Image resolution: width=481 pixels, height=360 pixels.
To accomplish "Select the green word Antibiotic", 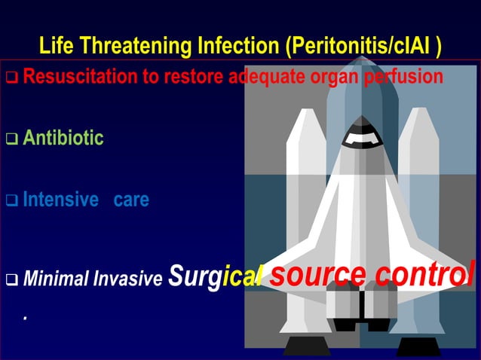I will (63, 139).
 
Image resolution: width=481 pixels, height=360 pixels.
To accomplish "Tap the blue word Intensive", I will (61, 200).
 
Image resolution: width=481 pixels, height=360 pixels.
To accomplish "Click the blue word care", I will (131, 200).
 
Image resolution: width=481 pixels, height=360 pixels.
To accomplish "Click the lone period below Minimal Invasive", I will (25, 318).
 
